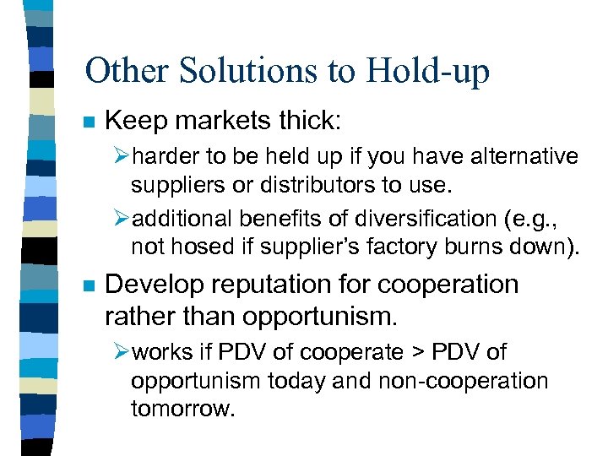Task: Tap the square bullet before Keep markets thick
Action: click(88, 122)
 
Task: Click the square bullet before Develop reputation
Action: click(88, 285)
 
